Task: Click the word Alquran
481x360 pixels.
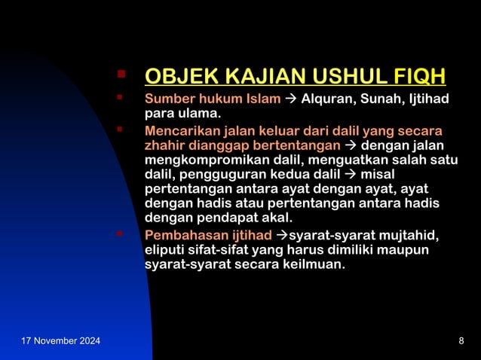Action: coord(329,99)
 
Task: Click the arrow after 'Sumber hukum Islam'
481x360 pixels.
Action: coord(290,99)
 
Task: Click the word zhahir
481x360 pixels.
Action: coord(164,145)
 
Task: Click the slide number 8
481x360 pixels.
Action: coord(461,342)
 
